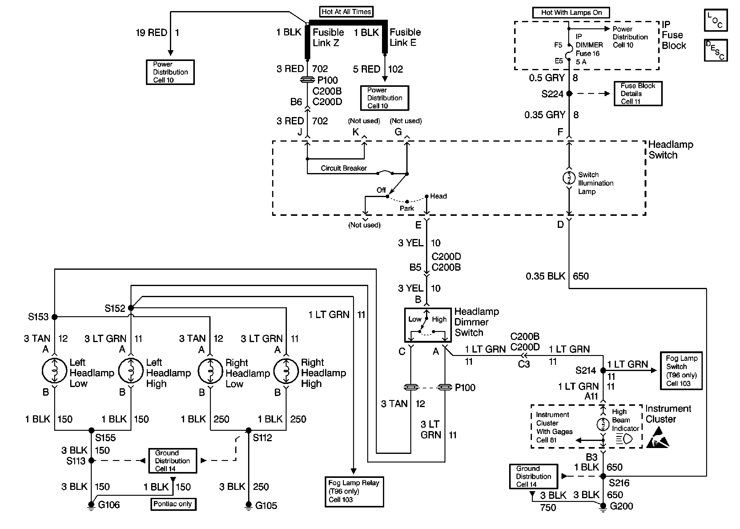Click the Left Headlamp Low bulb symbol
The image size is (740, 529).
(x=55, y=371)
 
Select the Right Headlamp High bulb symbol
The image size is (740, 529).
(x=286, y=371)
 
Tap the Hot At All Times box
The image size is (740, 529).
(x=346, y=12)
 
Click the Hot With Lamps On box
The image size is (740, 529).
(x=571, y=13)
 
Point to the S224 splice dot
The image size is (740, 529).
(x=569, y=94)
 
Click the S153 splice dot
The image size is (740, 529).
(x=55, y=317)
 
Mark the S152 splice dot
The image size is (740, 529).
(x=131, y=308)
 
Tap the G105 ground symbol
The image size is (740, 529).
(x=248, y=506)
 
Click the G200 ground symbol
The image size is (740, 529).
(x=603, y=506)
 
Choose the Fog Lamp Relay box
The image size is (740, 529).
(x=354, y=491)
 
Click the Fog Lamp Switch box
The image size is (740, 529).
(x=681, y=371)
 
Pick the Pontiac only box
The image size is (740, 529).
(x=173, y=504)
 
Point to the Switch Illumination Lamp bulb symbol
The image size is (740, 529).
(x=569, y=178)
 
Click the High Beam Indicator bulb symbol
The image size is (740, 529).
(x=603, y=424)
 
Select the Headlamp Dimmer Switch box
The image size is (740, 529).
(x=428, y=325)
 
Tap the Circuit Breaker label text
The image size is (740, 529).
(x=344, y=168)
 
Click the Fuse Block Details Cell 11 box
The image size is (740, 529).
(x=638, y=94)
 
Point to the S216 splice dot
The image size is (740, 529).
(x=603, y=476)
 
